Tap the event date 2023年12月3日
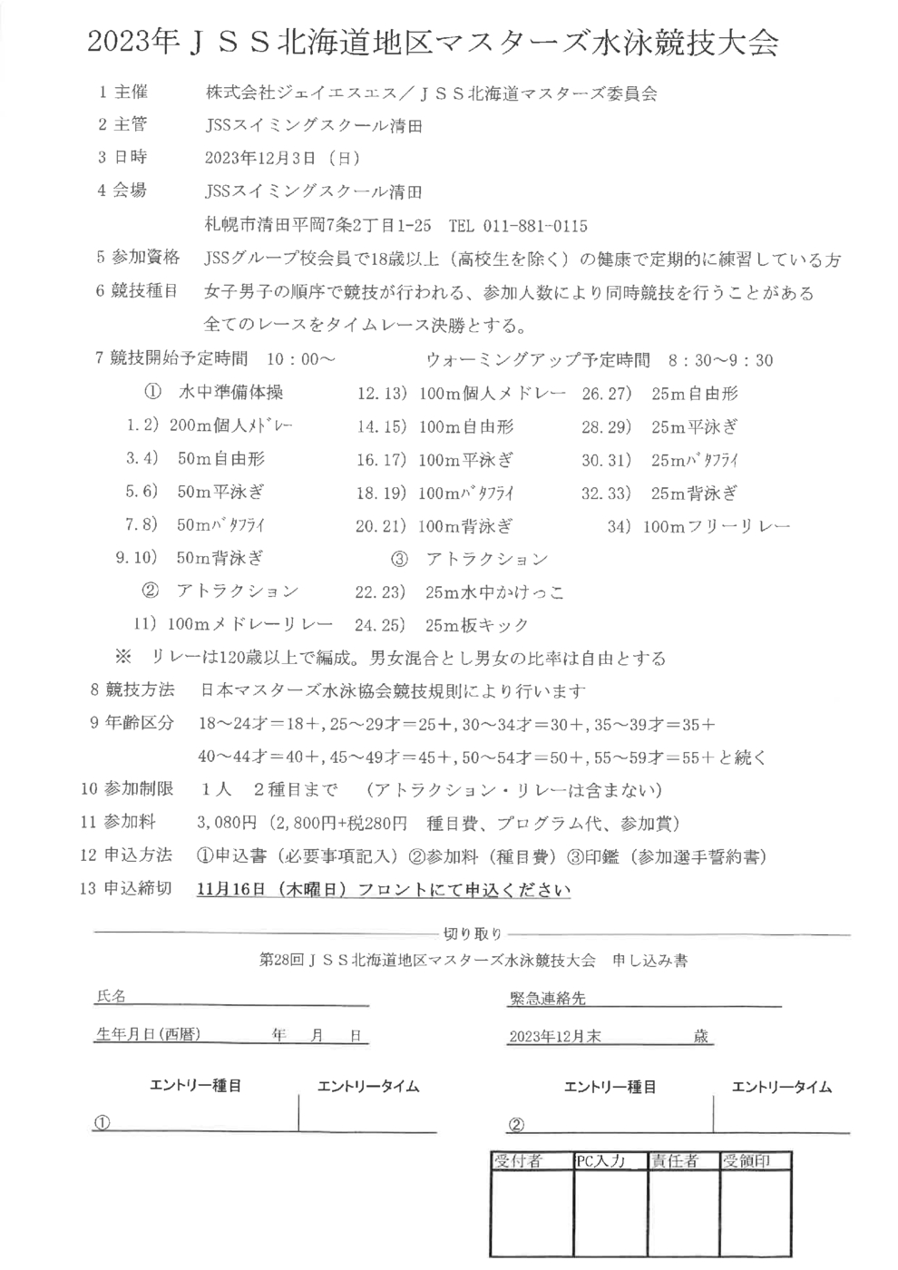click(261, 158)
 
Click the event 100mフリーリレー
click(717, 526)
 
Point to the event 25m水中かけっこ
click(494, 592)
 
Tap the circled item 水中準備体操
click(230, 392)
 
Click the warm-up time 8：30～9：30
click(720, 360)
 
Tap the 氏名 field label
click(111, 996)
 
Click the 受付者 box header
click(518, 1161)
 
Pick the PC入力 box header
click(600, 1161)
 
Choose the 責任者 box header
click(675, 1161)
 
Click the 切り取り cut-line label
click(473, 933)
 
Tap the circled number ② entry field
click(516, 1125)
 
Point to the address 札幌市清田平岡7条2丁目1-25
click(319, 226)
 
